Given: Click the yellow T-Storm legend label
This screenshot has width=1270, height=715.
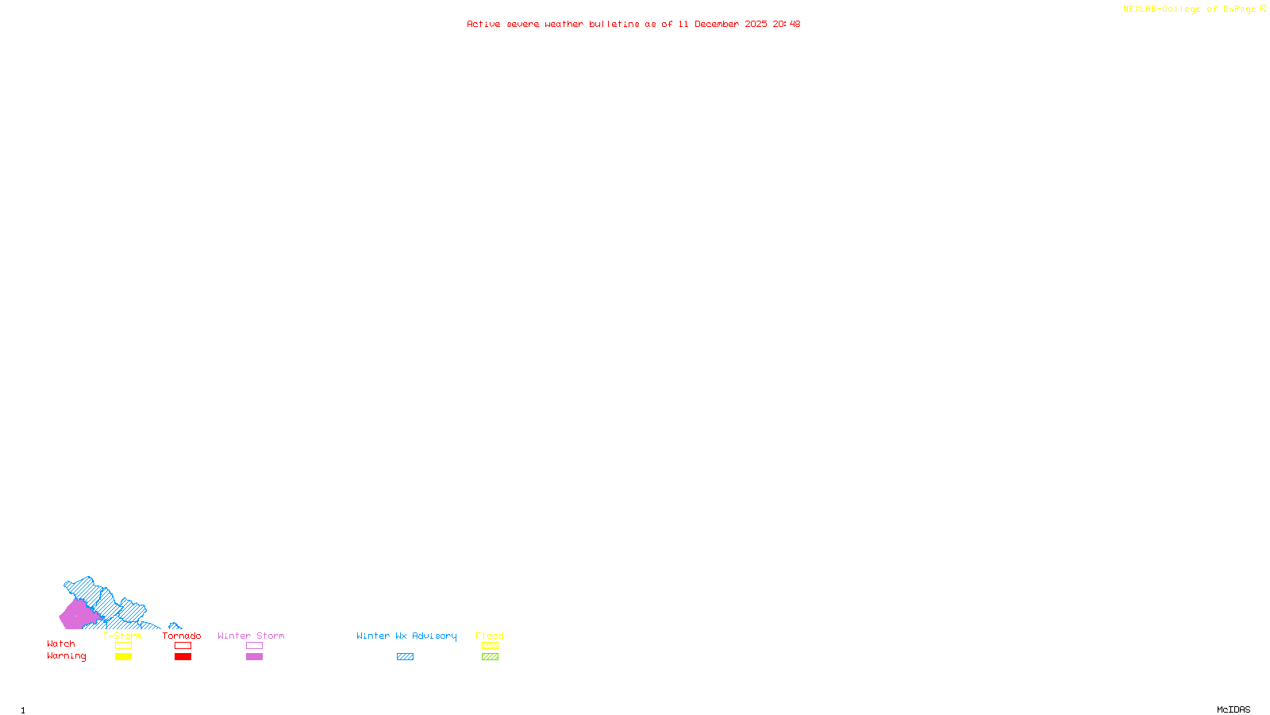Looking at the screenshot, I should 122,636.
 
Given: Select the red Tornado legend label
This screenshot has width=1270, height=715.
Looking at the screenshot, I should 182,636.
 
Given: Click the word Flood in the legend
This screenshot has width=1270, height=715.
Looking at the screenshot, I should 490,636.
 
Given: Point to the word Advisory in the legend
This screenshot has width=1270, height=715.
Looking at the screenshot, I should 434,636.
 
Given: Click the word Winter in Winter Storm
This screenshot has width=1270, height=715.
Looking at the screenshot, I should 233,636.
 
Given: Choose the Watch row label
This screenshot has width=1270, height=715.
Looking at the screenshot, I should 61,643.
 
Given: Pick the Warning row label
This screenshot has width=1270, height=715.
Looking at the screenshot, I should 66,656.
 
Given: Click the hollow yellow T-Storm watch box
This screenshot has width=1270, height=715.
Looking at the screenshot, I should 123,646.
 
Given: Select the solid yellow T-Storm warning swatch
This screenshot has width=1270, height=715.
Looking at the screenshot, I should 123,657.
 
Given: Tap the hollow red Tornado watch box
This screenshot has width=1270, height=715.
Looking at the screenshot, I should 183,646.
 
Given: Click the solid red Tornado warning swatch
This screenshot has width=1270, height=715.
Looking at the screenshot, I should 183,657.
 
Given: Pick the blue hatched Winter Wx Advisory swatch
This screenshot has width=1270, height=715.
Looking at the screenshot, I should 405,657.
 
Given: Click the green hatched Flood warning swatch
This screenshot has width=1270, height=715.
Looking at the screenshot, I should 490,657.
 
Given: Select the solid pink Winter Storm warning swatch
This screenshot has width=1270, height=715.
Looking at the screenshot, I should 254,657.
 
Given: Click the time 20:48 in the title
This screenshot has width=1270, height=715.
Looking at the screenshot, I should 787,24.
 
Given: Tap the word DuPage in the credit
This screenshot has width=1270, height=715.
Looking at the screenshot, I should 1239,9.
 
